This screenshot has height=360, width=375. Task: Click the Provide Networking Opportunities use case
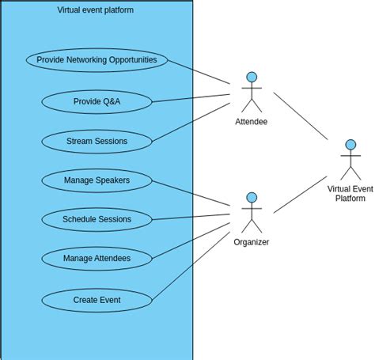tap(97, 60)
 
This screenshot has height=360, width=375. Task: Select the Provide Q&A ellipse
tap(97, 102)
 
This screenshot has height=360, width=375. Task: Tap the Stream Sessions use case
tap(97, 142)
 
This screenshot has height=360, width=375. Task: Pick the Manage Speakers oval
tap(97, 180)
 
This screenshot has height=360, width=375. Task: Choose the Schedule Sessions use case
tap(97, 219)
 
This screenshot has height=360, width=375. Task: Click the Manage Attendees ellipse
tap(97, 259)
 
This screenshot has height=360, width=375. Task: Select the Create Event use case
tap(97, 300)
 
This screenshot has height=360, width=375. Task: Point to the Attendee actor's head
tap(252, 77)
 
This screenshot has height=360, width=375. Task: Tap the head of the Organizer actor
tap(252, 198)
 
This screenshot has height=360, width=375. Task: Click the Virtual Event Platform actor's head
tap(350, 145)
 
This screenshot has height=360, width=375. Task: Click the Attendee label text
tap(251, 122)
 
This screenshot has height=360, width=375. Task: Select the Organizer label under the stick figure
tap(251, 242)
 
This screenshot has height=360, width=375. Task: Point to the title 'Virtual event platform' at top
tap(95, 10)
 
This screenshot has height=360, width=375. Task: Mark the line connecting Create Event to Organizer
tap(191, 266)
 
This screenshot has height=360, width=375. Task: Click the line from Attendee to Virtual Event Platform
tap(301, 116)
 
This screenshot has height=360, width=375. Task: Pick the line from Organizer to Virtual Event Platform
tap(301, 195)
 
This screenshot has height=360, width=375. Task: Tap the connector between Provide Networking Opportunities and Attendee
tap(199, 72)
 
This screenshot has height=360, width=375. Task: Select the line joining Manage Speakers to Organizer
tap(191, 193)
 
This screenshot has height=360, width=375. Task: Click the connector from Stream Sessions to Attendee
tap(191, 122)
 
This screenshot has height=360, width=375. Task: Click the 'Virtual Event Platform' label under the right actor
tap(350, 194)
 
